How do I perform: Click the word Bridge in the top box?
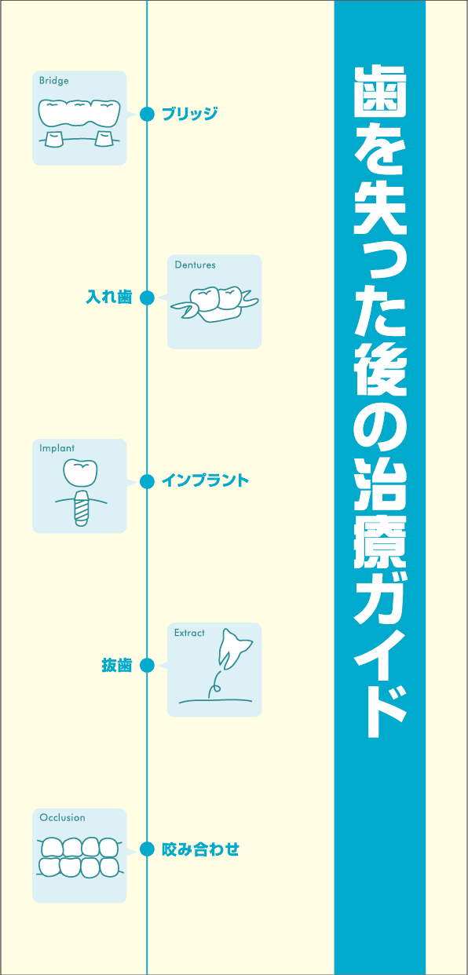coord(54,81)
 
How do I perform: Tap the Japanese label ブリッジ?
coord(190,114)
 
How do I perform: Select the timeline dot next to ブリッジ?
coord(147,114)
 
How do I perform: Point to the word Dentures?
coord(195,265)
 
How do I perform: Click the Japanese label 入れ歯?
coord(109,298)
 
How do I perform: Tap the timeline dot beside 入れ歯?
coord(147,298)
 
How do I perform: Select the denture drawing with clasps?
coord(214,304)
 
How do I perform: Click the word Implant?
coord(57,448)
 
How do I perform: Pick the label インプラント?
coord(205,480)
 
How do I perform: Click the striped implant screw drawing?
coord(82,509)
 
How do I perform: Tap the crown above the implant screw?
coord(81,473)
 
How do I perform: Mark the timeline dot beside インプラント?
coord(147,481)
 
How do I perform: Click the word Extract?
coord(189,633)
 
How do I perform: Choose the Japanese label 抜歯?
coord(117,665)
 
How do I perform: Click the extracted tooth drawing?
coord(234,648)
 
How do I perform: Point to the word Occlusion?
coord(62,817)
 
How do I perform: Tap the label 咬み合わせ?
coord(201,849)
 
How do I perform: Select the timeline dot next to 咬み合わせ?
coord(147,849)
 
